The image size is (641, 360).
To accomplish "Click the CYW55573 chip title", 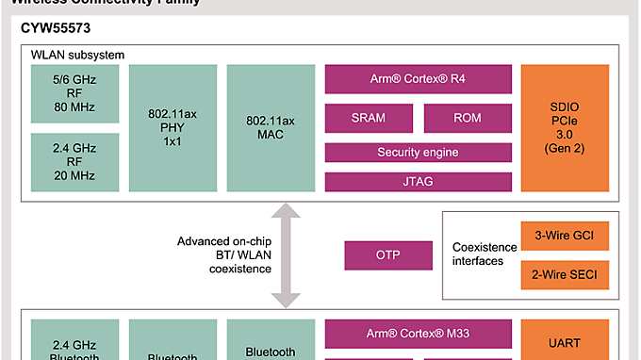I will pyautogui.click(x=56, y=28).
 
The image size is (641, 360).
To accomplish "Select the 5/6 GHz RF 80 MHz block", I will pyautogui.click(x=74, y=93).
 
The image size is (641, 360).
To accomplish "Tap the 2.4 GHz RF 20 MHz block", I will pyautogui.click(x=74, y=160).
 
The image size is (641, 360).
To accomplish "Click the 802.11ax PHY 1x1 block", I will pyautogui.click(x=171, y=126).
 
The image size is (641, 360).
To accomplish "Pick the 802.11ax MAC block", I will pyautogui.click(x=269, y=126).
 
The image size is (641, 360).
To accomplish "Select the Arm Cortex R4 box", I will pyautogui.click(x=418, y=78).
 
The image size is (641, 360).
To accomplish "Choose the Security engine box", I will pyautogui.click(x=418, y=152).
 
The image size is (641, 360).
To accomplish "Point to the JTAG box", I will pyautogui.click(x=418, y=181).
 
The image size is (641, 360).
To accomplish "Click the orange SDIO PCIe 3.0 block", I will pyautogui.click(x=566, y=126).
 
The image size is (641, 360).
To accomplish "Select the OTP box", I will pyautogui.click(x=387, y=255).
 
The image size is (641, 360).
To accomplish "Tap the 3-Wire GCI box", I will pyautogui.click(x=565, y=236).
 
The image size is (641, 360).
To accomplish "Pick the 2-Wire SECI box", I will pyautogui.click(x=565, y=274).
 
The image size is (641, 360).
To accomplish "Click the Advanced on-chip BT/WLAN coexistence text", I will pyautogui.click(x=223, y=255).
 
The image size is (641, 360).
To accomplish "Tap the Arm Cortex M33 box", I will pyautogui.click(x=418, y=332).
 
